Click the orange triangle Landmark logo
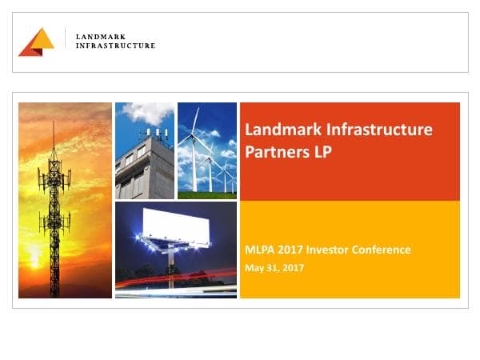click(37, 42)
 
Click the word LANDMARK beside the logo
click(98, 37)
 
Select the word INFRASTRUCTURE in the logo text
click(115, 46)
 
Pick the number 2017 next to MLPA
click(291, 250)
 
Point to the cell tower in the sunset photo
click(54, 200)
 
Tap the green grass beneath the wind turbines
click(206, 194)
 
